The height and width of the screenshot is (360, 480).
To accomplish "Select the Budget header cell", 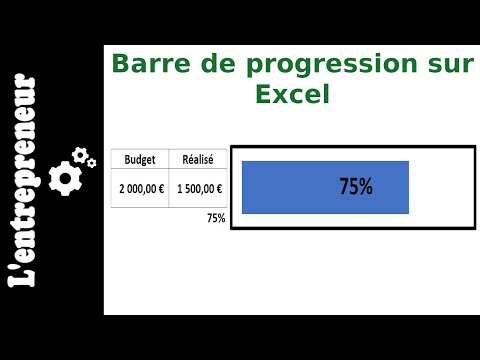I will tap(140, 159).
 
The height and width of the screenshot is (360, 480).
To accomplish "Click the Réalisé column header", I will tap(198, 159).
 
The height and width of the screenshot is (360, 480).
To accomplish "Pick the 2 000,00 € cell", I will tap(140, 188).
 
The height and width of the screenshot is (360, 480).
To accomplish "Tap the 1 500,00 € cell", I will tap(198, 188).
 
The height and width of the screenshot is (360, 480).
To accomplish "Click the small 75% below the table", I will tap(215, 218).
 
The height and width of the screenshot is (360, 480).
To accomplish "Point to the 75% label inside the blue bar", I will tap(355, 187).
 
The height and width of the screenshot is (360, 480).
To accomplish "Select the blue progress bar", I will tap(290, 187).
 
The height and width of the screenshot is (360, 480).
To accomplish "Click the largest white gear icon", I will tap(65, 178).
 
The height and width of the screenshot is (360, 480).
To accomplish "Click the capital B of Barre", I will tap(120, 65).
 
